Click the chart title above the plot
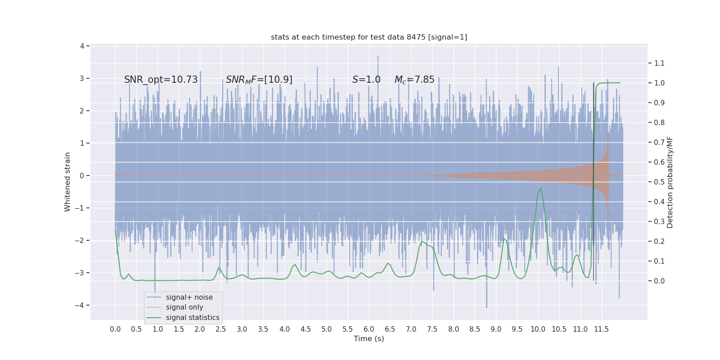click(369, 37)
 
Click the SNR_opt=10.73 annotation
click(161, 80)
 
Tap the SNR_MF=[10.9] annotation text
click(259, 80)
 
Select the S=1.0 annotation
click(366, 80)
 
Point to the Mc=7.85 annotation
click(414, 80)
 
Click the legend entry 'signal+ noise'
click(189, 297)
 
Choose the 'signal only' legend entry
click(184, 307)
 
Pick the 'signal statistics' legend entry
click(193, 318)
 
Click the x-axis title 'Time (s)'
click(369, 338)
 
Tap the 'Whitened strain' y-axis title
click(67, 182)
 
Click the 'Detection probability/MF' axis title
click(670, 182)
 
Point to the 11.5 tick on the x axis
click(601, 329)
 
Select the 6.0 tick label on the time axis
click(369, 329)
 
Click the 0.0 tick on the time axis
click(115, 329)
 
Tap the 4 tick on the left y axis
click(82, 46)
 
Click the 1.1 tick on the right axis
click(659, 63)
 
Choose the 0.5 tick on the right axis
click(659, 182)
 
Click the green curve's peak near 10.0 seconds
click(540, 188)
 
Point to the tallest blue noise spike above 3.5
click(378, 57)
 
